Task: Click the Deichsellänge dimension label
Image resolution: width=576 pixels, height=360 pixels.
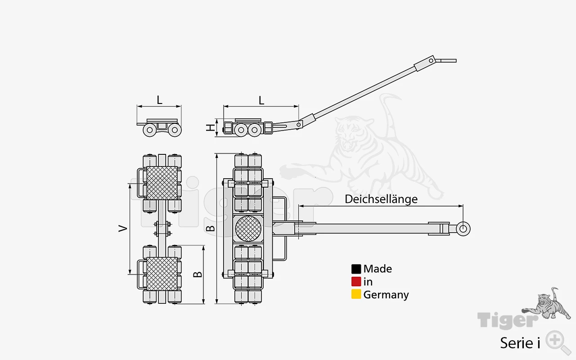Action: click(x=381, y=199)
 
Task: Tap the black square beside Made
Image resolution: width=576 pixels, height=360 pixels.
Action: click(x=356, y=269)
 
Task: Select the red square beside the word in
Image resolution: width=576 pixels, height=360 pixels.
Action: click(x=356, y=282)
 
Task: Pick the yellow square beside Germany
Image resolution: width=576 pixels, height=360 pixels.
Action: click(x=356, y=294)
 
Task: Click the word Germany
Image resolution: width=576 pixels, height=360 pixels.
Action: click(x=386, y=295)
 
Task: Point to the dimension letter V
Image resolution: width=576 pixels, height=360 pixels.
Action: click(x=123, y=228)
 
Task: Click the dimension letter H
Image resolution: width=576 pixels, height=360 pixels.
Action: click(x=210, y=127)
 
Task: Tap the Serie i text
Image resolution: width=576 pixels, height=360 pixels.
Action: click(x=520, y=343)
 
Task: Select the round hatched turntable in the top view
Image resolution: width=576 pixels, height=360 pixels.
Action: click(x=248, y=229)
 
